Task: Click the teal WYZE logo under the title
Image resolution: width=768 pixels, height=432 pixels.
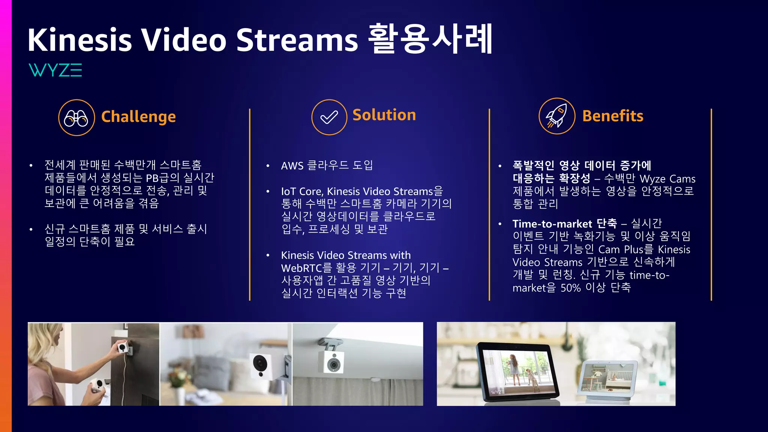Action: pos(55,70)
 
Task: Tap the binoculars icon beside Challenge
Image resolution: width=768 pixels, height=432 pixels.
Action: pos(76,118)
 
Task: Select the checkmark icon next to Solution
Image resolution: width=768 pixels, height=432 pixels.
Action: pos(329,117)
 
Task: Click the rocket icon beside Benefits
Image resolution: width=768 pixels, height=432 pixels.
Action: pos(556,116)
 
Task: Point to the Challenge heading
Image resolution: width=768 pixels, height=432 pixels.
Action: pos(138,117)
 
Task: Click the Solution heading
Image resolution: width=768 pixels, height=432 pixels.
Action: pos(384,115)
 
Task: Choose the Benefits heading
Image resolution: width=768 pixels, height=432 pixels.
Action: pos(612,116)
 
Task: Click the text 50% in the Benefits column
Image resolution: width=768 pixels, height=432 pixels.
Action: pos(570,288)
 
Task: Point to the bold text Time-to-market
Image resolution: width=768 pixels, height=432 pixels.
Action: pos(552,224)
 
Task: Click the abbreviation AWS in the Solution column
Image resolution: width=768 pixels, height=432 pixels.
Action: pos(292,166)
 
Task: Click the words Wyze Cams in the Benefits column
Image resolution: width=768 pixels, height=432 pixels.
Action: pos(667,179)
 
